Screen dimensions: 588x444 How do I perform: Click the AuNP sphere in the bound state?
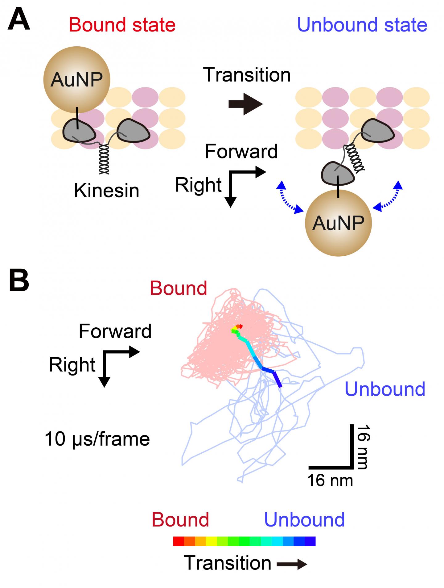pyautogui.click(x=76, y=80)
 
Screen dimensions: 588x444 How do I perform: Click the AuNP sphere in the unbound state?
pyautogui.click(x=338, y=223)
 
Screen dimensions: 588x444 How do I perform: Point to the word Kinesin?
pyautogui.click(x=107, y=191)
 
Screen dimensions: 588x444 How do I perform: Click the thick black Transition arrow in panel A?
pyautogui.click(x=245, y=104)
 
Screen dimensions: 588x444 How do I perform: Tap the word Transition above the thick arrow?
pyautogui.click(x=247, y=75)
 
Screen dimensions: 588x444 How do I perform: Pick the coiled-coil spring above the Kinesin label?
pyautogui.click(x=104, y=159)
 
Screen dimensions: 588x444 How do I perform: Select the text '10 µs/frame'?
pyautogui.click(x=97, y=439)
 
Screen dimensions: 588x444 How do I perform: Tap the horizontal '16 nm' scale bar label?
pyautogui.click(x=330, y=481)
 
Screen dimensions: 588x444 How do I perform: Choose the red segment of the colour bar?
pyautogui.click(x=179, y=541)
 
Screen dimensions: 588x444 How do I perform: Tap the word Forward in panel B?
pyautogui.click(x=115, y=331)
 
